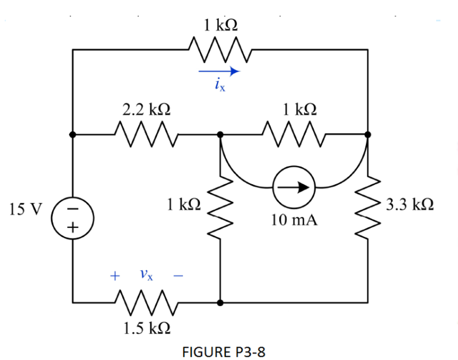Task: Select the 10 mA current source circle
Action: [x=294, y=187]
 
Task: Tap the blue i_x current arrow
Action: [x=219, y=71]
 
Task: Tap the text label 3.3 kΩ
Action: [x=409, y=205]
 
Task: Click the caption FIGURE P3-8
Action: [x=224, y=352]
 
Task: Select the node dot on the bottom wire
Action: [x=220, y=302]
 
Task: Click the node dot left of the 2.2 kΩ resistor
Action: [x=73, y=134]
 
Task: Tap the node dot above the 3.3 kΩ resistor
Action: [x=368, y=134]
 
